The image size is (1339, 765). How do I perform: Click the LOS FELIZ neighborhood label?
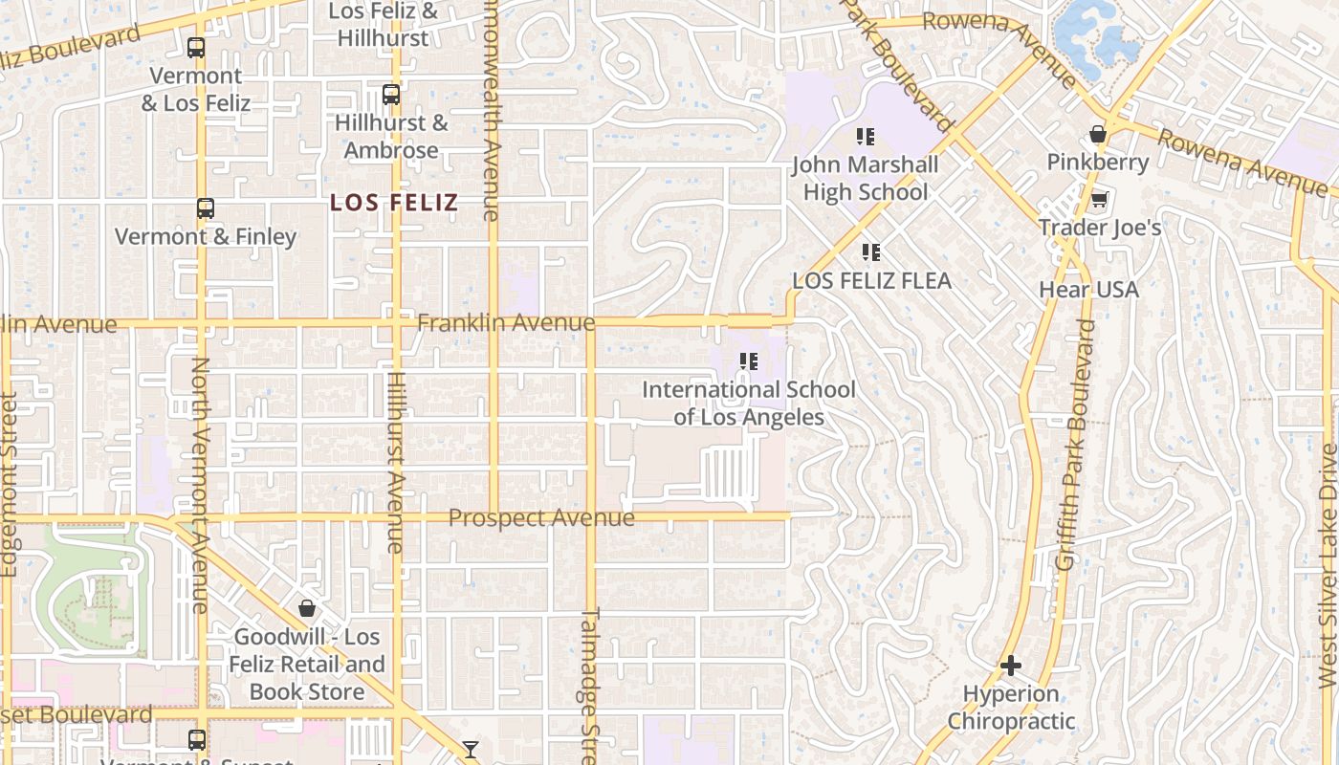click(x=394, y=203)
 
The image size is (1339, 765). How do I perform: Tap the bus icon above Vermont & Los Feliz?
click(x=196, y=47)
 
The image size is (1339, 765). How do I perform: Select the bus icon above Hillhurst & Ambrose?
click(x=390, y=95)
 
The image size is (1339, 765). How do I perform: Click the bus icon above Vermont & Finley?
click(x=206, y=208)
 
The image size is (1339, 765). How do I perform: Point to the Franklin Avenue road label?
click(x=506, y=323)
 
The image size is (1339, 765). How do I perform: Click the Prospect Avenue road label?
click(x=541, y=518)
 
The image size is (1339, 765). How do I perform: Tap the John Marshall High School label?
click(x=866, y=178)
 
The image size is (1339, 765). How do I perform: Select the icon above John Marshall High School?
click(x=866, y=137)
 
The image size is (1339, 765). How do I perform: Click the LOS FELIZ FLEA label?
click(x=872, y=281)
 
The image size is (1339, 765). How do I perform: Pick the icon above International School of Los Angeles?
click(x=749, y=361)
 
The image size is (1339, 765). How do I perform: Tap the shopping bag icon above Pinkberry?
click(x=1098, y=134)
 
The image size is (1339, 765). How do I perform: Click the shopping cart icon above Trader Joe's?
click(x=1100, y=200)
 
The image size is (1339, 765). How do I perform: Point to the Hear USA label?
click(x=1089, y=289)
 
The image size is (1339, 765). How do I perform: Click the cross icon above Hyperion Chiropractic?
click(x=1011, y=666)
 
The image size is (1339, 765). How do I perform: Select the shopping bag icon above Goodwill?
click(x=307, y=608)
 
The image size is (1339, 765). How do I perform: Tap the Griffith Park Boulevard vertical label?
click(x=1076, y=445)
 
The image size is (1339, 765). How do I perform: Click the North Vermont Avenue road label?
click(x=199, y=485)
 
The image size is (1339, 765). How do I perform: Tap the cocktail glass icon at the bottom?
click(x=471, y=749)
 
